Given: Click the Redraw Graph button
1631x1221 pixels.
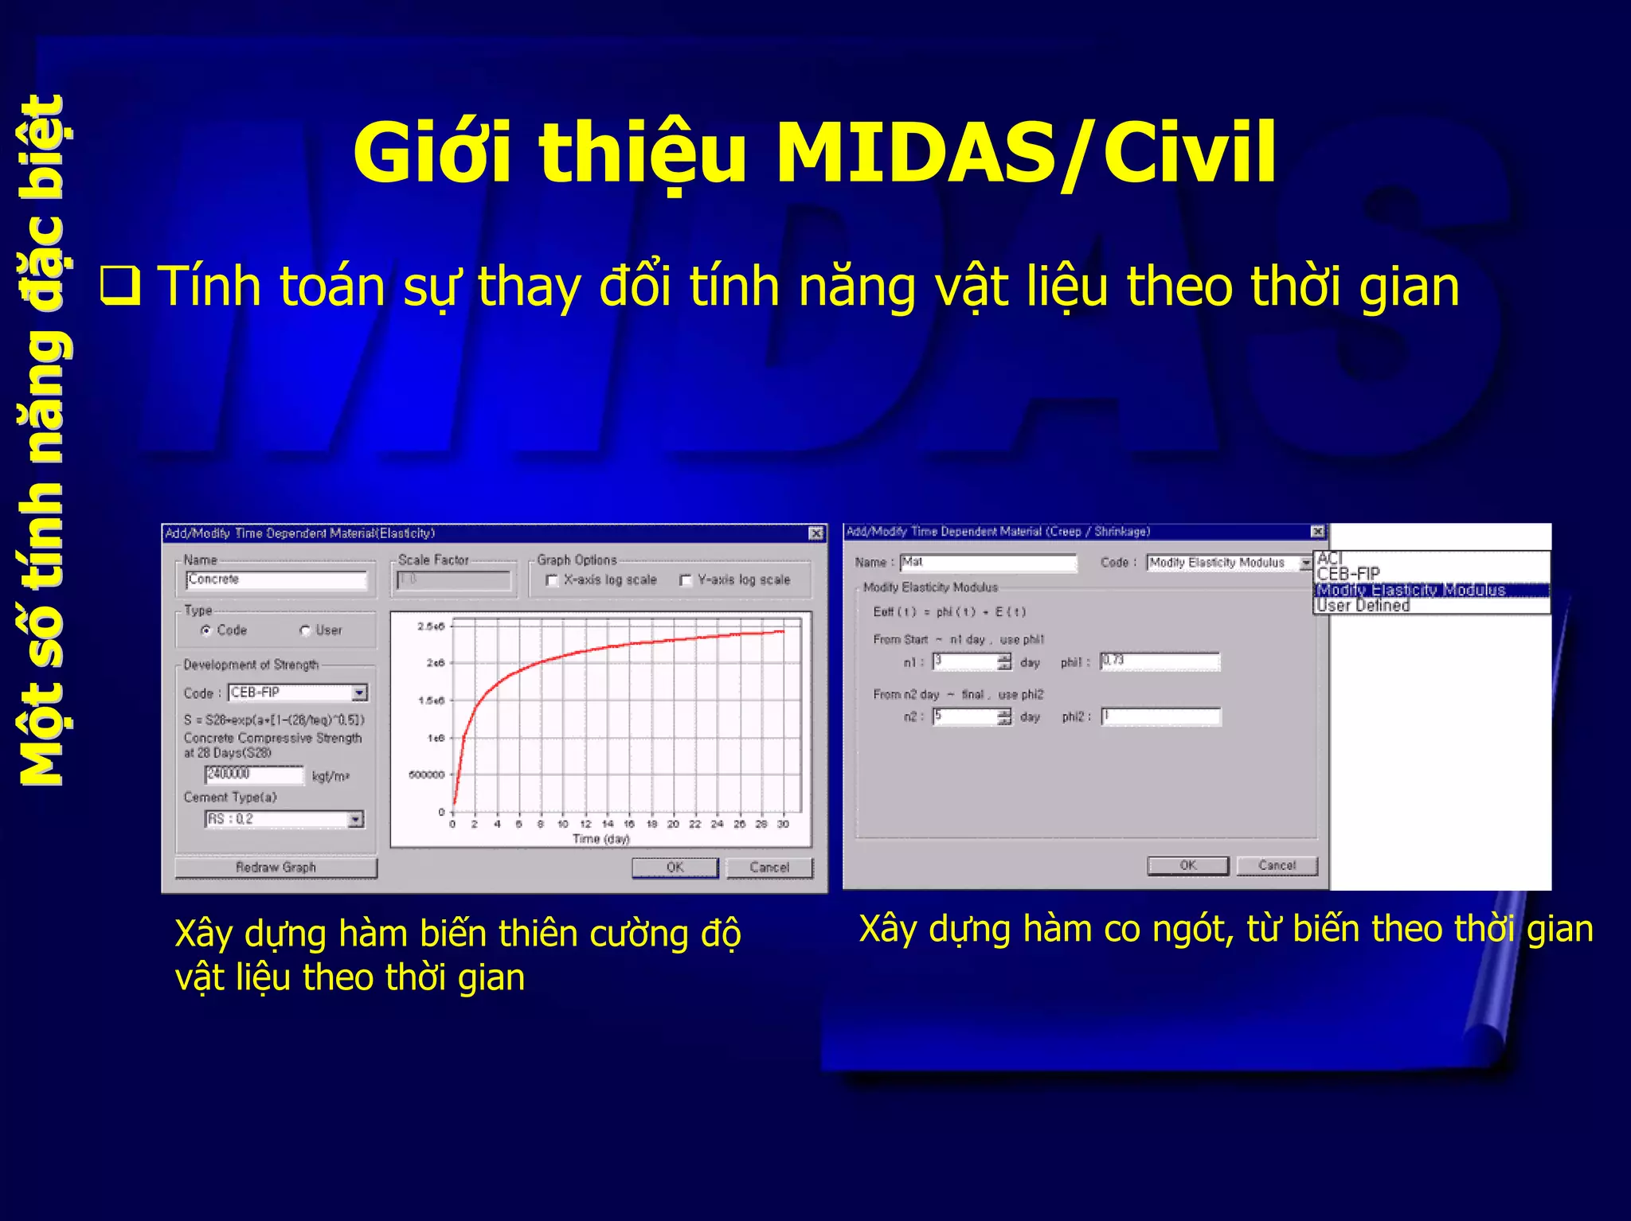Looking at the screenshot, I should point(276,868).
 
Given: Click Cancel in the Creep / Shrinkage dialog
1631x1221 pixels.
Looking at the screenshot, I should point(1277,865).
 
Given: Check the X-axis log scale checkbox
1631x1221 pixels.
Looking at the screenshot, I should point(551,580).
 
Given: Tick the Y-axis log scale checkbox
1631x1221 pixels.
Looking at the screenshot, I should point(685,580).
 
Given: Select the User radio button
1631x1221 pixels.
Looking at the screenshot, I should point(305,630).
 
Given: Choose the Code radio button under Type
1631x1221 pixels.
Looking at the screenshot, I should point(206,630).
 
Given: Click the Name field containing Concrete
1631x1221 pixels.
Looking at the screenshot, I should point(276,579).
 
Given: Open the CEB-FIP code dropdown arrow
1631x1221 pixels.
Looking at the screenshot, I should point(360,692).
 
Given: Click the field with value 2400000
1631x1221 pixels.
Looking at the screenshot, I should point(253,774).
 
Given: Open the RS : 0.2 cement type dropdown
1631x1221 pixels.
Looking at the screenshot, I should point(356,819).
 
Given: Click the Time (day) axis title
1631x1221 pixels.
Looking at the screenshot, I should point(600,839).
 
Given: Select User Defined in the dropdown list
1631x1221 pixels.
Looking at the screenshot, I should point(1363,606).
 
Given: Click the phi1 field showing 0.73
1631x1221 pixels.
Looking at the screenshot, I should point(1160,661).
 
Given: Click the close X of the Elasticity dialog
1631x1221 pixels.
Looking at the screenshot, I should point(816,533).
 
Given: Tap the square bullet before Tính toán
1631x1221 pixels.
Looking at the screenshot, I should point(120,287).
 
